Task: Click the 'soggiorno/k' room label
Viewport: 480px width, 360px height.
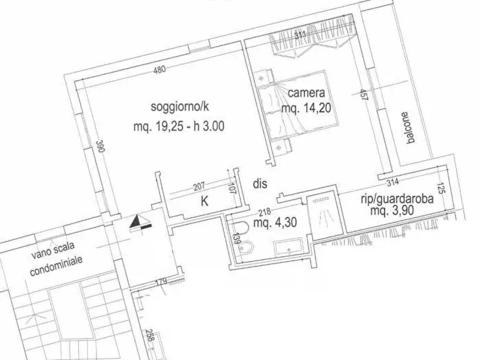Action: click(180, 107)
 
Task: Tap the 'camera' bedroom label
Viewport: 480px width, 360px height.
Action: click(306, 93)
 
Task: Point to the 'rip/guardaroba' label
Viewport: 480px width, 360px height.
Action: click(397, 199)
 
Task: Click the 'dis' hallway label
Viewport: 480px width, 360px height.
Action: click(260, 183)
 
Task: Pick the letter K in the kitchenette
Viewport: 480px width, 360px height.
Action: click(204, 201)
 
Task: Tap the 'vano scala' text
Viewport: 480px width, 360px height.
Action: click(53, 250)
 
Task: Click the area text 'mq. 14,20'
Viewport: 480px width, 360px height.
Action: click(306, 108)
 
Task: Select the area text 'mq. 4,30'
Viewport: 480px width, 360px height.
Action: click(275, 222)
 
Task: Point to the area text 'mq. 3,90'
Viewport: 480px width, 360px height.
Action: click(392, 210)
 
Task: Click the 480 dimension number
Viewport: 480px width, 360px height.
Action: click(160, 69)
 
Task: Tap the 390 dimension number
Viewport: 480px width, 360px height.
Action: click(101, 146)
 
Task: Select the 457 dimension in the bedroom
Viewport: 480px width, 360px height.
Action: click(363, 95)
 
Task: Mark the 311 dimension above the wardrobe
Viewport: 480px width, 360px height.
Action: click(300, 35)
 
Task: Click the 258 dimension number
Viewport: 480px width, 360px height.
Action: click(149, 335)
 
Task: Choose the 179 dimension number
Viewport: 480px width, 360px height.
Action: click(161, 281)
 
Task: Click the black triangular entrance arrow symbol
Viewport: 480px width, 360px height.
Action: click(140, 222)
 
